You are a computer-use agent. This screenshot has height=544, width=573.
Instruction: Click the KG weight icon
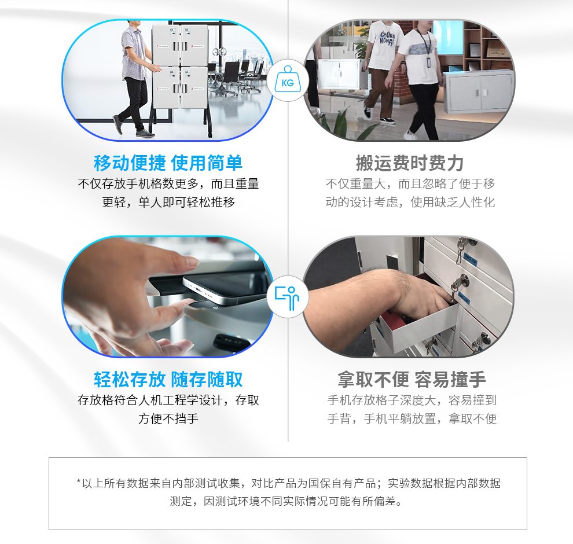[x=288, y=80]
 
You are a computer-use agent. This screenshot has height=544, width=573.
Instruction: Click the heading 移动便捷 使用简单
[x=168, y=163]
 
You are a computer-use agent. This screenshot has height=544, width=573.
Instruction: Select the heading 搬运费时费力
[x=410, y=163]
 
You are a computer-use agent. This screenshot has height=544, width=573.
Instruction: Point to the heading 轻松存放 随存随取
[x=168, y=379]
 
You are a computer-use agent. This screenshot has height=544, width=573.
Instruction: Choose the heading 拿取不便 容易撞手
[x=412, y=379]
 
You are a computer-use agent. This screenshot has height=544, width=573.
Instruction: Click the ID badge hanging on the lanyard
[x=429, y=62]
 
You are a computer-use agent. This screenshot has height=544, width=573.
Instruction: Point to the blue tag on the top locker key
[x=470, y=259]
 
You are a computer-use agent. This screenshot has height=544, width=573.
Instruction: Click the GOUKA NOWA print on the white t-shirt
[x=387, y=38]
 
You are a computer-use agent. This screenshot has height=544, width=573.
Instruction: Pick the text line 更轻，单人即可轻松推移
[x=168, y=202]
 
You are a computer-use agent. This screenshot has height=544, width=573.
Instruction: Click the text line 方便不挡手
[x=168, y=418]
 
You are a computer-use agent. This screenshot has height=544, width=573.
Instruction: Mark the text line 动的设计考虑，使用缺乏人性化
[x=410, y=202]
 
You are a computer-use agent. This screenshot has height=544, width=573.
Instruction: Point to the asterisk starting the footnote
[x=79, y=481]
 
